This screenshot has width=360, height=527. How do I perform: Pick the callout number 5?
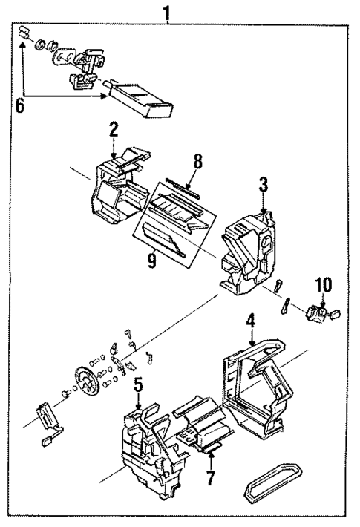(x=138, y=385)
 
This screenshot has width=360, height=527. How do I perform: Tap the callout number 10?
(x=322, y=284)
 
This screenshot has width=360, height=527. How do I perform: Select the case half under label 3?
(x=248, y=249)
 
